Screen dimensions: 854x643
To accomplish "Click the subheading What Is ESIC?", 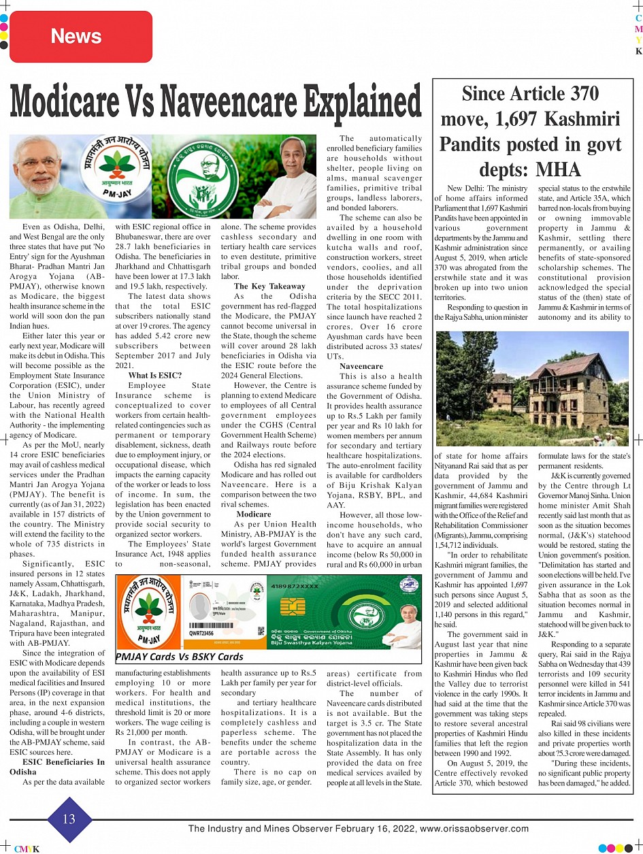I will (155, 375).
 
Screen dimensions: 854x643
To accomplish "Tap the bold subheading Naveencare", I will (361, 366).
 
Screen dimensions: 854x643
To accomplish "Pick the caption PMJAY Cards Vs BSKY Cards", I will (180, 657).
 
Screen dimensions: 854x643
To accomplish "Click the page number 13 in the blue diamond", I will (69, 819).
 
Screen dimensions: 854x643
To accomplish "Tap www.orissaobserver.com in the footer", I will (474, 829).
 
